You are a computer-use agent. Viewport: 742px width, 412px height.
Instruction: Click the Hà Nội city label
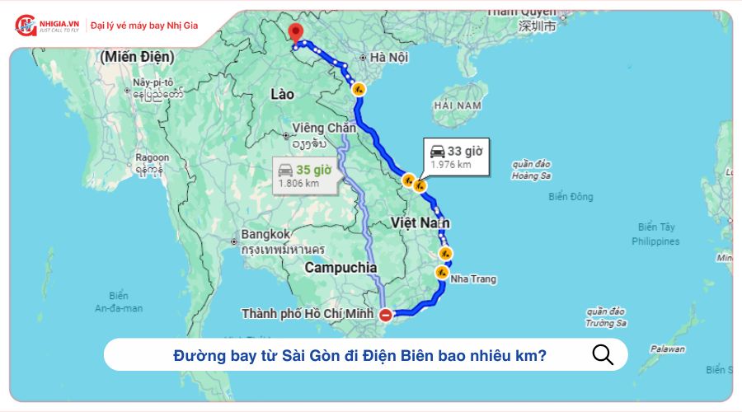point(389,58)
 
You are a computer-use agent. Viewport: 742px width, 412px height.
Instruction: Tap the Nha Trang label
point(472,279)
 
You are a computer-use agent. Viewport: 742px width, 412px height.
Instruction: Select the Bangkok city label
point(265,234)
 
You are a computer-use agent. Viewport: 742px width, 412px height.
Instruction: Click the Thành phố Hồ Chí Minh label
point(308,314)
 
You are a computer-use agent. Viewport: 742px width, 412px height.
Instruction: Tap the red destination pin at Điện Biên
point(294,34)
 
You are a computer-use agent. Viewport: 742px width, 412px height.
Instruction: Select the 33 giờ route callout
point(456,156)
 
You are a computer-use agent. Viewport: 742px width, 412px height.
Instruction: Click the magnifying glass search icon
point(603,354)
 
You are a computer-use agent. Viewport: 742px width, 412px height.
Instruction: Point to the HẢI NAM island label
point(458,106)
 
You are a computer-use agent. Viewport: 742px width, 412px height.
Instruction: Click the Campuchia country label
point(340,268)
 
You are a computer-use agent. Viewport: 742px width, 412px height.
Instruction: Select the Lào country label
point(282,95)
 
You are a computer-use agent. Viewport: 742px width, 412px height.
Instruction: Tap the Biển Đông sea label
point(571,197)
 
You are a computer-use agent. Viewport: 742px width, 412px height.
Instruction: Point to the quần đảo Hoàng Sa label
point(531,170)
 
